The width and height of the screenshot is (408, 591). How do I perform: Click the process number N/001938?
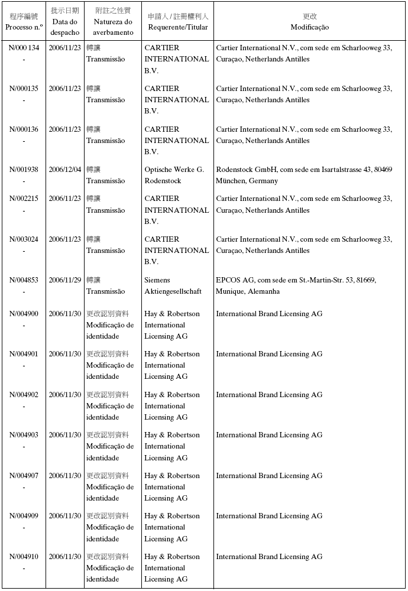(x=24, y=170)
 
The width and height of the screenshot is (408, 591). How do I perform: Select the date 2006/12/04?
(x=64, y=170)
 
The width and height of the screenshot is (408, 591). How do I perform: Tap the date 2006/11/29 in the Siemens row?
(x=64, y=280)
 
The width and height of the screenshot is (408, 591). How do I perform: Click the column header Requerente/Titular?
(x=177, y=27)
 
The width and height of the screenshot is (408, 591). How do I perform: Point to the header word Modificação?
(x=310, y=27)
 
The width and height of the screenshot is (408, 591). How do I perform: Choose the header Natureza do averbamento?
(x=113, y=27)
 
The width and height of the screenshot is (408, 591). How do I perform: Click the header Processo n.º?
(x=24, y=27)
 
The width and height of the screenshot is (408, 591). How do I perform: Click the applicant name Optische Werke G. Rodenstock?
(x=174, y=175)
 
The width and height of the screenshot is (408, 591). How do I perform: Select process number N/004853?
(x=24, y=280)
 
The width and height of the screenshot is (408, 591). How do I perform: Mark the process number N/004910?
(x=24, y=557)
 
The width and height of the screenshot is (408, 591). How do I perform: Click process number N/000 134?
(x=24, y=48)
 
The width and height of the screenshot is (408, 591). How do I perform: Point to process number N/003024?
(x=24, y=239)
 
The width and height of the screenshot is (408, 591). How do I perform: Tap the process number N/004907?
(x=24, y=476)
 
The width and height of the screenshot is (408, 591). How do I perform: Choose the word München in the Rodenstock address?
(x=231, y=181)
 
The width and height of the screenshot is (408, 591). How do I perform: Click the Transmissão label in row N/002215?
(x=106, y=210)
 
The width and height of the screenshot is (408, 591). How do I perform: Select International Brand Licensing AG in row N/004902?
(x=269, y=395)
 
